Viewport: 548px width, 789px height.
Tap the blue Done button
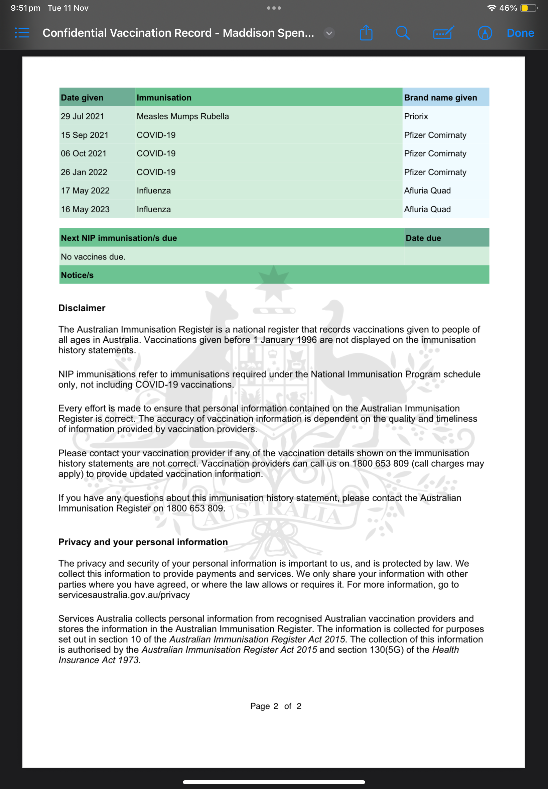[x=520, y=33]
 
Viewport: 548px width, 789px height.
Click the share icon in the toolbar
[x=366, y=33]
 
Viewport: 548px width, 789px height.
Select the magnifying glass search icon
[x=402, y=33]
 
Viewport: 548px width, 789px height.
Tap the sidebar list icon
[x=22, y=33]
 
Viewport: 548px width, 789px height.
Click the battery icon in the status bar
[x=528, y=8]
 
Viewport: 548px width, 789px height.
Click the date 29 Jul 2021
[x=83, y=116]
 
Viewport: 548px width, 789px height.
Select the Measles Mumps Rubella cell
[x=182, y=116]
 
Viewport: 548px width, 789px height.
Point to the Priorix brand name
[x=416, y=116]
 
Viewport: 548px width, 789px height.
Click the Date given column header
[x=82, y=98]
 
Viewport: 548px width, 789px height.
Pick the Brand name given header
[x=440, y=98]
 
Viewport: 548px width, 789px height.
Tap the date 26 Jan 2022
[x=84, y=172]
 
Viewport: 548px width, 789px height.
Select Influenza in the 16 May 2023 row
[x=153, y=209]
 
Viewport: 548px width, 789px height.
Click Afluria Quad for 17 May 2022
[x=427, y=191]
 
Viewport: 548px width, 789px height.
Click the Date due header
[x=423, y=238]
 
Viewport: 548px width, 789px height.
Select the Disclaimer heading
[x=82, y=308]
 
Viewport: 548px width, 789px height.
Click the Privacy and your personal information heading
[x=143, y=542]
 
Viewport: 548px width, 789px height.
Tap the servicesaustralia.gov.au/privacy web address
[x=124, y=595]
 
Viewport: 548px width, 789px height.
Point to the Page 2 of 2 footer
[x=275, y=706]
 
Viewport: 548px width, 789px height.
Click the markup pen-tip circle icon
[x=485, y=33]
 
